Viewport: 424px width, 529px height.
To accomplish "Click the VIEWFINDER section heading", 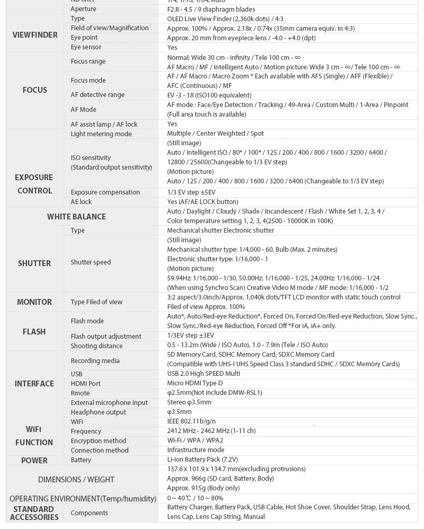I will [35, 35].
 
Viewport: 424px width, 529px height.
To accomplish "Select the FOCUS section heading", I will [35, 90].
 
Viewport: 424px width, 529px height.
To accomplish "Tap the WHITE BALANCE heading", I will [76, 216].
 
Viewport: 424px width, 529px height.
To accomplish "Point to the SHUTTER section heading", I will [34, 263].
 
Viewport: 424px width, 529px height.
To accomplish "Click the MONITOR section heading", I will [34, 302].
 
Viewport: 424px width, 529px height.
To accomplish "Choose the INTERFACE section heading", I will [34, 384].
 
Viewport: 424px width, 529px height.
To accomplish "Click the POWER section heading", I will [34, 461].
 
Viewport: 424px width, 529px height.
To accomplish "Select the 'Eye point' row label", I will [84, 38].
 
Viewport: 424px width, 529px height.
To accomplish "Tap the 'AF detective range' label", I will [98, 95].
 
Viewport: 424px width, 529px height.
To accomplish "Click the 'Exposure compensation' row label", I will [105, 192].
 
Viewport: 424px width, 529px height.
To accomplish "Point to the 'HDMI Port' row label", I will [85, 384].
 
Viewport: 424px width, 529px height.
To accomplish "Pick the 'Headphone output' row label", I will [98, 412].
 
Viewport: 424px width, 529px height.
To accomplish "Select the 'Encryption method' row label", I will [98, 441].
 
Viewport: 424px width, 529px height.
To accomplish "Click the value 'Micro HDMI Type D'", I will [195, 383].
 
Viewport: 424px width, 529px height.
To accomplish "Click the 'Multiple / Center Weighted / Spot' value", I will [215, 134].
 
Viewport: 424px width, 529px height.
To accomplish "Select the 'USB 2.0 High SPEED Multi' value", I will [204, 374].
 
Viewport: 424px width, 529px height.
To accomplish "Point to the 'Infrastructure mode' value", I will [196, 450].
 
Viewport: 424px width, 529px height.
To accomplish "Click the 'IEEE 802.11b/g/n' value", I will [191, 421].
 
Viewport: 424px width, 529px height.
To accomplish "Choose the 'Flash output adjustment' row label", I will [105, 337].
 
